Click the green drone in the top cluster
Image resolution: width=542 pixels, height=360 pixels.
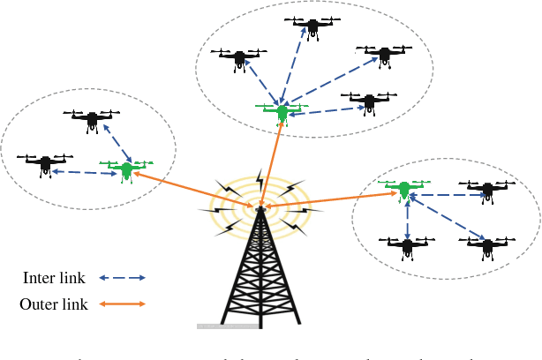282,111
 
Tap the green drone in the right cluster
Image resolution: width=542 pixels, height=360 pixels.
404,188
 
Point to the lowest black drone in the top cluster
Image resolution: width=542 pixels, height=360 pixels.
369,101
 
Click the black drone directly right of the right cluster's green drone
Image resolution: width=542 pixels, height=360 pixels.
484,188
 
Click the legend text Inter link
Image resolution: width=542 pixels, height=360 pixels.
54,278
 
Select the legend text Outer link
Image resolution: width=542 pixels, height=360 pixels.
52,304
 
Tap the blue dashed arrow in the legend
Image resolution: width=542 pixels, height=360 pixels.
122,278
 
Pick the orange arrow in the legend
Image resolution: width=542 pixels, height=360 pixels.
122,304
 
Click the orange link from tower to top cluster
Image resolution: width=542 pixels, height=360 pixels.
272,163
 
